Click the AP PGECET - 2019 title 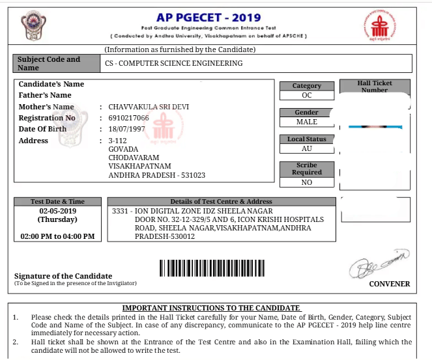209,17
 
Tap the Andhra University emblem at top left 32,27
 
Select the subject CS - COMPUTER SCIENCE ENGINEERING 173,63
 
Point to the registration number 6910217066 128,118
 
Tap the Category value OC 306,95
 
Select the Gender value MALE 306,122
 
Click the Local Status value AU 306,148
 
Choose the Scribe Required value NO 306,183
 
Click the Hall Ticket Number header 375,87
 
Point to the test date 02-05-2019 57,212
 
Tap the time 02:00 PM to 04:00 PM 57,236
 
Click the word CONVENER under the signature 389,284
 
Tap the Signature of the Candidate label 63,276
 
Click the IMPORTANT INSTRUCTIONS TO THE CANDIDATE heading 211,308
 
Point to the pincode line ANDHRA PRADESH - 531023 156,176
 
